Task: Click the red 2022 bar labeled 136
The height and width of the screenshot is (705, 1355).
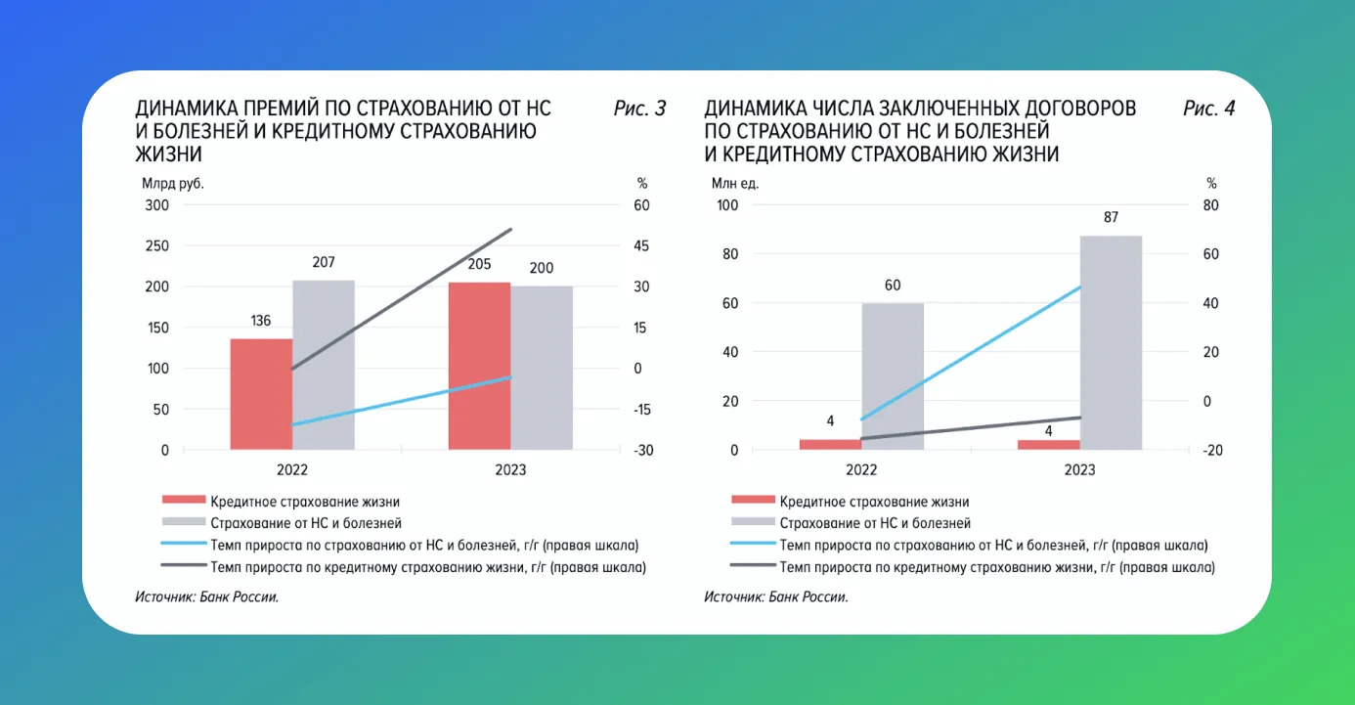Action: (x=261, y=394)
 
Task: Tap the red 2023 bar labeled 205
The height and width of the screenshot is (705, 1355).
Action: (x=479, y=366)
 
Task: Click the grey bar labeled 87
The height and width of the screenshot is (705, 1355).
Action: (x=1111, y=342)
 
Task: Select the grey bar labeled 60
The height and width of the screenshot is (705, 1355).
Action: (x=893, y=376)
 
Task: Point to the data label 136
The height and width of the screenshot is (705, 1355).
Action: (x=261, y=321)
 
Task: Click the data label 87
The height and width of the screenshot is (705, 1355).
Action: (x=1111, y=217)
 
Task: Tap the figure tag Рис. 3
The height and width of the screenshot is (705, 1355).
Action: (x=639, y=109)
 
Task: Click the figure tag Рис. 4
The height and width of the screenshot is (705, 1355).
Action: (x=1208, y=109)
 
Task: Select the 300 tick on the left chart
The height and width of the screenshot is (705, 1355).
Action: (x=156, y=205)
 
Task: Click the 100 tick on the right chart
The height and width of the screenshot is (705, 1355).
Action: (x=726, y=205)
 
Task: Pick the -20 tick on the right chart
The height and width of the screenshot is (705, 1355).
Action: (x=1212, y=451)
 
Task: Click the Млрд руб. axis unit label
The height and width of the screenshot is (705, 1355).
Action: (x=172, y=183)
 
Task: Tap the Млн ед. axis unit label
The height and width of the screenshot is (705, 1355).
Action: (x=735, y=183)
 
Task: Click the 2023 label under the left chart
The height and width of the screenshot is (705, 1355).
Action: (x=510, y=470)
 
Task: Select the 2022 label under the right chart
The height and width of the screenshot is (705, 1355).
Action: (x=861, y=470)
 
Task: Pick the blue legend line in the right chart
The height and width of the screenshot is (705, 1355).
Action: (x=753, y=545)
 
